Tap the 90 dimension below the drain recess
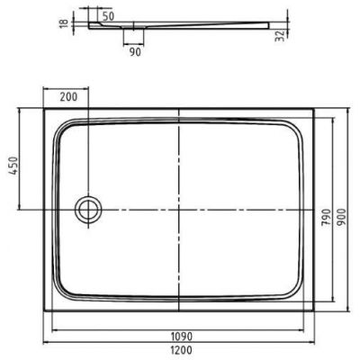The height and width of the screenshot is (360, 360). coord(135,50)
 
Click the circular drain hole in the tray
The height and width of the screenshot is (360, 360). coord(88,209)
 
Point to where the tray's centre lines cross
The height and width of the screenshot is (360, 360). coord(179,209)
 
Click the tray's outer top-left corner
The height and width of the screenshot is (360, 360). coord(42,111)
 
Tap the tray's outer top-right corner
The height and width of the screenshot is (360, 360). coord(316,111)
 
